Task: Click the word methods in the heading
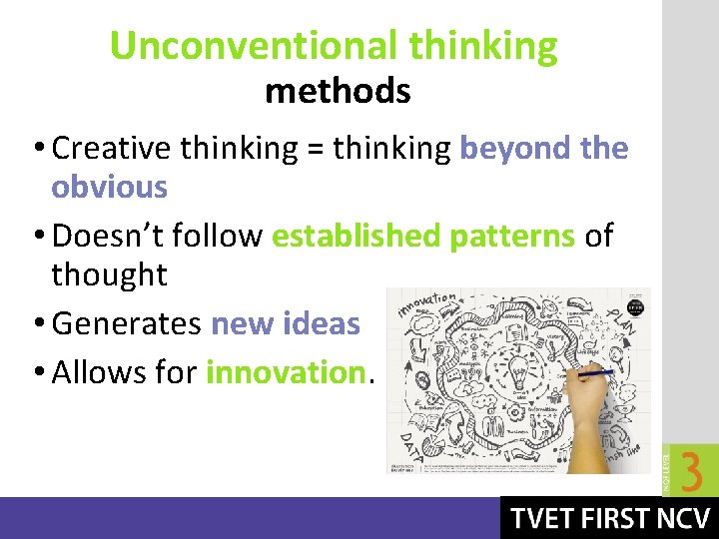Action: (x=338, y=92)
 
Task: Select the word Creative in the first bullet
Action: (x=110, y=149)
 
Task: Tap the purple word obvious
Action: (x=110, y=187)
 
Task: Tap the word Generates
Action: (x=126, y=324)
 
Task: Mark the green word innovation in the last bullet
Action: (x=286, y=372)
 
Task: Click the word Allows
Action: (x=97, y=372)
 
